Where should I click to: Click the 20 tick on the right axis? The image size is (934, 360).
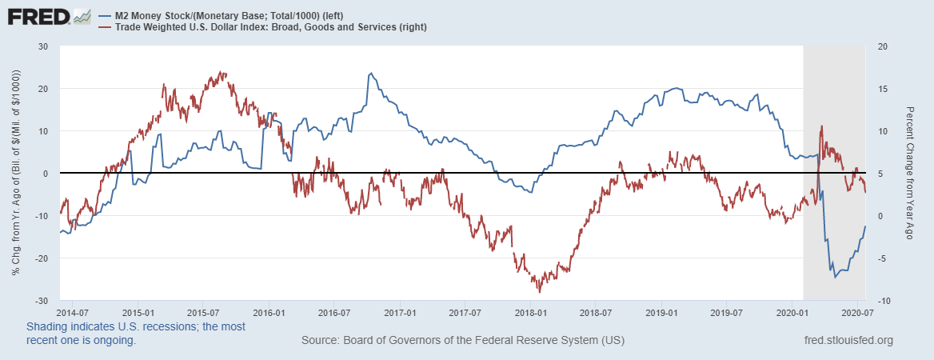pos(882,46)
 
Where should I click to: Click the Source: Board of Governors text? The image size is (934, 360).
pos(462,341)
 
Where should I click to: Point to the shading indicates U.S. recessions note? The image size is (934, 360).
pos(136,334)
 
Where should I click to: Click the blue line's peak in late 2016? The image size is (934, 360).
pos(369,74)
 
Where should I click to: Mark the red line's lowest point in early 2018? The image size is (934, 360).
pos(540,291)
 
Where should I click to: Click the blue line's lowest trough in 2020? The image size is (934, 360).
pos(836,277)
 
